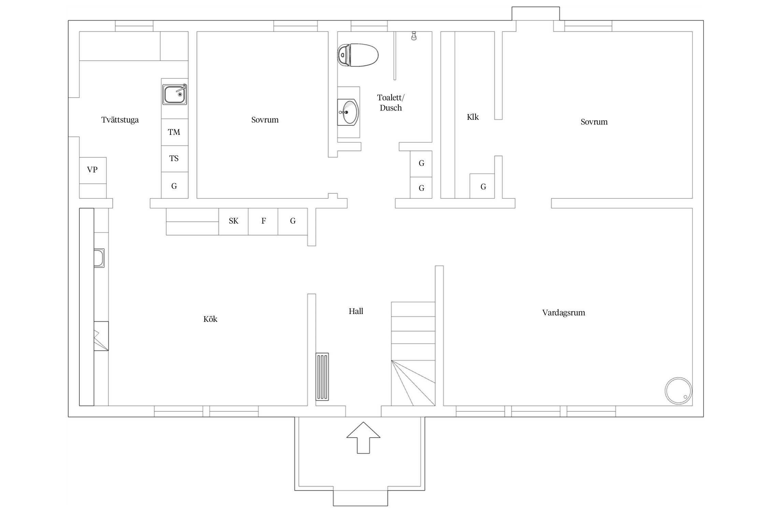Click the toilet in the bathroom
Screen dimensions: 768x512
tap(358, 55)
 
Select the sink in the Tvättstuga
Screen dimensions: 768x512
tap(174, 94)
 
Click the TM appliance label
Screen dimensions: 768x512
tap(174, 132)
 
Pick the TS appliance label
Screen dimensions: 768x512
tap(174, 158)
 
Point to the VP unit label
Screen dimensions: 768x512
tap(92, 170)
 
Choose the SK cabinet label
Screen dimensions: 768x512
tap(233, 221)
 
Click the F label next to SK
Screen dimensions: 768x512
tap(264, 221)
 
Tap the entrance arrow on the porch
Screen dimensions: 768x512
tap(363, 438)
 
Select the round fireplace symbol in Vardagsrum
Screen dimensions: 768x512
tap(678, 391)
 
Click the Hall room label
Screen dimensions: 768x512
tap(356, 311)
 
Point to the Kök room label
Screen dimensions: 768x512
tap(210, 319)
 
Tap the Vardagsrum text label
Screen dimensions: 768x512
tap(564, 313)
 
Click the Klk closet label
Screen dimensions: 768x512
tap(473, 117)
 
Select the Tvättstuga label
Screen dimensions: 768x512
tap(120, 120)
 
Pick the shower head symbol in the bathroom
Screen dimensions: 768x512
tap(414, 36)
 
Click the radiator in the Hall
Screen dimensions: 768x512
tap(322, 376)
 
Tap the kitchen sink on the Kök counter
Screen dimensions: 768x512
tap(99, 258)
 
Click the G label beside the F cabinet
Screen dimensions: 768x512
tap(293, 221)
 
